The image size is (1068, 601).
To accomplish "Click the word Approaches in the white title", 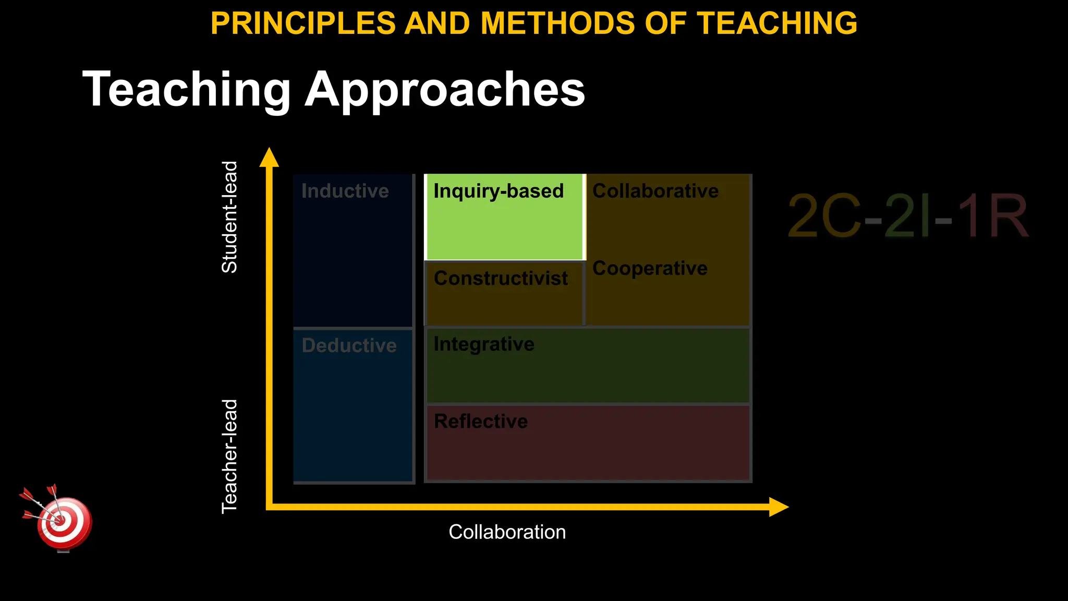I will [445, 90].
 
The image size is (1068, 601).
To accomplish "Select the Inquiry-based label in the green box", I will [499, 191].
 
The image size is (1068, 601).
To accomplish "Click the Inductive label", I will [345, 191].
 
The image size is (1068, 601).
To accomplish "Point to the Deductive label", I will [349, 345].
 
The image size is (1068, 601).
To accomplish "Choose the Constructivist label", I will [501, 278].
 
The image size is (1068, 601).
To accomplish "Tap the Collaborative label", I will [656, 191].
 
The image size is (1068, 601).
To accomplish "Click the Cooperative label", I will [650, 268].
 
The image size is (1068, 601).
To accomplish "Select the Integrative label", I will [484, 344].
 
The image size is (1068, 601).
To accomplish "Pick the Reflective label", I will [481, 421].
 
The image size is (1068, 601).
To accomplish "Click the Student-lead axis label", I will [230, 217].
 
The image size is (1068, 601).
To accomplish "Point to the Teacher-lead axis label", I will [230, 456].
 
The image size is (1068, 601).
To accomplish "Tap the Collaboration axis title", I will [507, 532].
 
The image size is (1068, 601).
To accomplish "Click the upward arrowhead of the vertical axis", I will [269, 157].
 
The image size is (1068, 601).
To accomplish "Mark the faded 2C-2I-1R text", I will [907, 215].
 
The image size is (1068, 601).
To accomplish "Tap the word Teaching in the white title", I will [187, 90].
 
